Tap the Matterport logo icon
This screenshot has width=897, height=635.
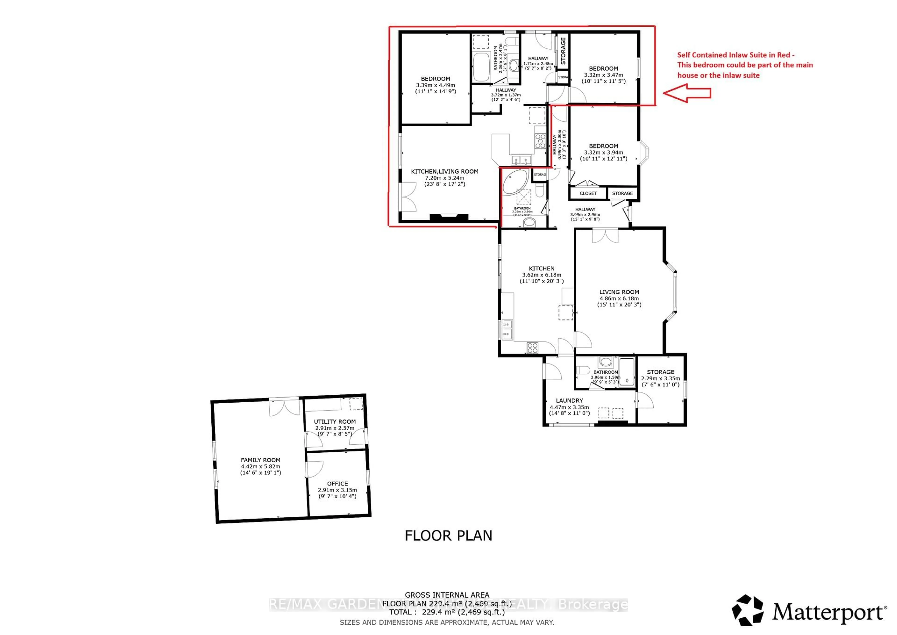[x=747, y=611]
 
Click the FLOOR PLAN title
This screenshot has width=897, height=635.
[x=448, y=536]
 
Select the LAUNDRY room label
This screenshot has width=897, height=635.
[x=569, y=401]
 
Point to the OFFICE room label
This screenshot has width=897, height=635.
[x=337, y=484]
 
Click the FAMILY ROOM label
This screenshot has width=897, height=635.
[x=260, y=460]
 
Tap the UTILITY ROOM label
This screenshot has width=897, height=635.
[x=335, y=422]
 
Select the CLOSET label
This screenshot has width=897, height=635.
[x=588, y=193]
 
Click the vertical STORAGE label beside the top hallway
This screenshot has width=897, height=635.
[x=563, y=51]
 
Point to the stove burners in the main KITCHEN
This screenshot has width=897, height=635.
[x=533, y=348]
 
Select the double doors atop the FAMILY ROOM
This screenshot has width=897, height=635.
[x=284, y=407]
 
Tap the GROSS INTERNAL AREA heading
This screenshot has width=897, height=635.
[x=447, y=595]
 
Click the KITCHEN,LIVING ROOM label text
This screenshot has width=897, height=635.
[x=444, y=171]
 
